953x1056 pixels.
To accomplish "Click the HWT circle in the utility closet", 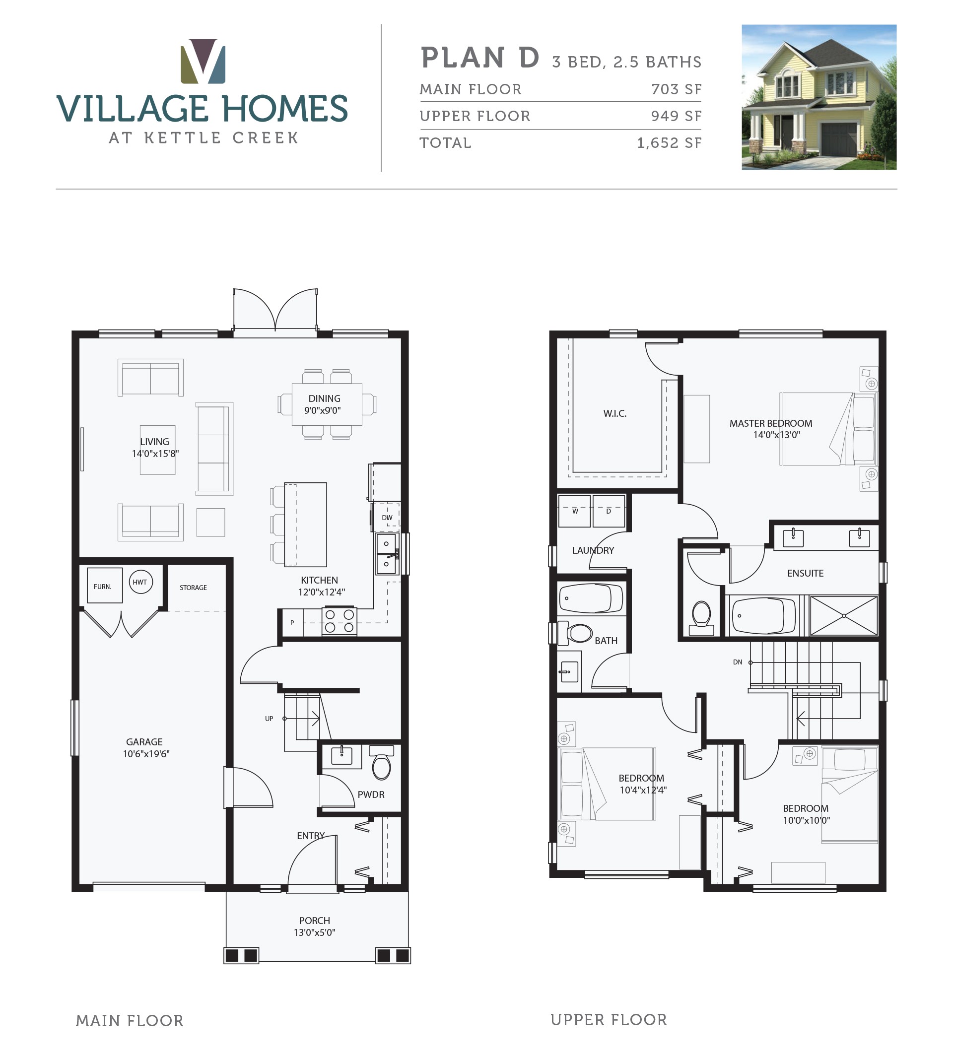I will (x=140, y=582).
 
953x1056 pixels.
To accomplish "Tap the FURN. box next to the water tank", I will (x=104, y=586).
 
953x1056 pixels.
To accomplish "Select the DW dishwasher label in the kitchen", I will (x=387, y=517).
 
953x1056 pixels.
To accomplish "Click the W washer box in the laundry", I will (x=574, y=511).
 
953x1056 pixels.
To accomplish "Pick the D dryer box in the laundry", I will (x=609, y=511).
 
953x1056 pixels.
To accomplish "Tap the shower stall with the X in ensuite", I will (x=843, y=615).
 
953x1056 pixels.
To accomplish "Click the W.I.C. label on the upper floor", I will (x=615, y=413).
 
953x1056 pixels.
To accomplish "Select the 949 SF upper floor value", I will (x=676, y=116).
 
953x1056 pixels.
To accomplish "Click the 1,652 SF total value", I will (x=669, y=143).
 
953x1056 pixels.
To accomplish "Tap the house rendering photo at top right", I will (x=818, y=97).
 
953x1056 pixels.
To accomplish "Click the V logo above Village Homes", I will (x=203, y=62).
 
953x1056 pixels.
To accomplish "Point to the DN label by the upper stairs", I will (x=737, y=662).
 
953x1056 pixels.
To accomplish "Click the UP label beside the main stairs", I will (x=269, y=719).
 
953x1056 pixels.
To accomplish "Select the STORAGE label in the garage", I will (x=193, y=588).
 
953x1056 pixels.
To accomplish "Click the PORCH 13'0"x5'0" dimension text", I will (x=314, y=932).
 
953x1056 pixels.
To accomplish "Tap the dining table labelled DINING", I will (x=326, y=404).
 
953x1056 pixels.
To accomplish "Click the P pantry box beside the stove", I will (x=292, y=622).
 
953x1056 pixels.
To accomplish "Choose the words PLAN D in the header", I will (x=479, y=58).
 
